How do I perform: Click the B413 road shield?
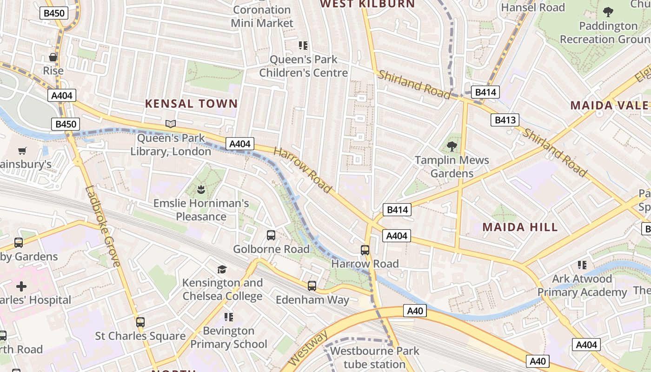click(505, 120)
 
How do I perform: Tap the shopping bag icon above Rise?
click(53, 57)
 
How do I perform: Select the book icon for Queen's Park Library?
click(171, 124)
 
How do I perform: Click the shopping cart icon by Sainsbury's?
click(22, 151)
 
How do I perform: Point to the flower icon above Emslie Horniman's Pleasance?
click(201, 189)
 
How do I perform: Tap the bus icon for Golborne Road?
click(271, 235)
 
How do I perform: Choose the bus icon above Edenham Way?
click(312, 286)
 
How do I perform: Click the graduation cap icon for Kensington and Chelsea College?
click(222, 269)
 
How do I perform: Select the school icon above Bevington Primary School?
click(228, 317)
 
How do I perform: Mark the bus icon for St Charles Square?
click(140, 322)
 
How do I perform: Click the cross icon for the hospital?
click(21, 286)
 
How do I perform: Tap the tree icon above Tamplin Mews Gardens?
click(452, 146)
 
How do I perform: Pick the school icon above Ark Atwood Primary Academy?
click(582, 265)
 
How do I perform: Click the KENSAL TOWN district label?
click(192, 104)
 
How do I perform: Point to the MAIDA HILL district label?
click(520, 227)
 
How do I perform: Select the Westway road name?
click(307, 347)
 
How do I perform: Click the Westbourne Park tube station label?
click(374, 358)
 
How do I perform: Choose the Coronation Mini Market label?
click(262, 16)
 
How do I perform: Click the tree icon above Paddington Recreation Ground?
click(608, 12)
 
